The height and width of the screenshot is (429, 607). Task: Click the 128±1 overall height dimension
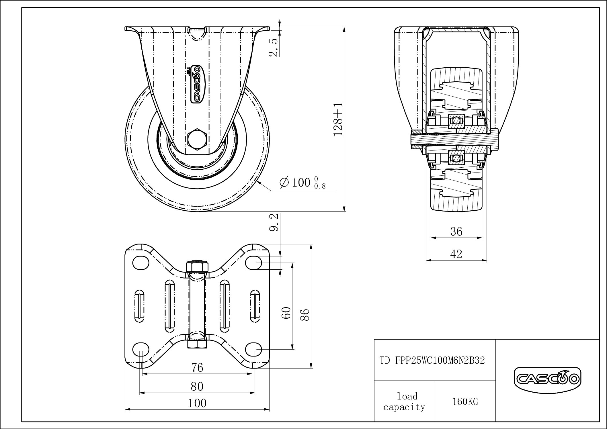(338, 119)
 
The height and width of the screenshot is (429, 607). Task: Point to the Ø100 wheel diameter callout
(302, 183)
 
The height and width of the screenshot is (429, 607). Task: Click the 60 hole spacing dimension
(287, 312)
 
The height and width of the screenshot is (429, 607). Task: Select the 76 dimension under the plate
(197, 367)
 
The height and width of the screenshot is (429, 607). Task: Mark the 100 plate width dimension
(197, 403)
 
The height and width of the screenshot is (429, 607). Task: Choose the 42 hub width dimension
(456, 254)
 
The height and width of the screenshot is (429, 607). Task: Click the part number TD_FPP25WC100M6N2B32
(432, 360)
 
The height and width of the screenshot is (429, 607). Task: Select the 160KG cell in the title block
(465, 402)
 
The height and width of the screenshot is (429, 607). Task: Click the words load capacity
(405, 401)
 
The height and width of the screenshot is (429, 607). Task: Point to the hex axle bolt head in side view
(197, 140)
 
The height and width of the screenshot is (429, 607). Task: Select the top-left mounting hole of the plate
(141, 263)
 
